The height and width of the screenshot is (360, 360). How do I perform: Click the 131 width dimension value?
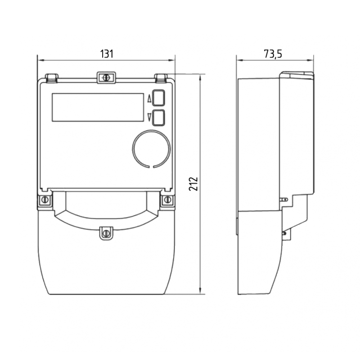[107, 54]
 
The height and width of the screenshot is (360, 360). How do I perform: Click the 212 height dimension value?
[193, 184]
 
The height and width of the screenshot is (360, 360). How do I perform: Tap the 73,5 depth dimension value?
[273, 54]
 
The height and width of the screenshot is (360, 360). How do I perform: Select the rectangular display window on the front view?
[98, 107]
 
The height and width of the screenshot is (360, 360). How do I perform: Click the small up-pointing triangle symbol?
[149, 99]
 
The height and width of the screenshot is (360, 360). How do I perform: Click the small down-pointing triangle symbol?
[149, 117]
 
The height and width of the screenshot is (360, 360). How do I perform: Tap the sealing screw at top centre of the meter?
[106, 77]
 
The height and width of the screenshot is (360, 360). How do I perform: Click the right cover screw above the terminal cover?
[167, 199]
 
